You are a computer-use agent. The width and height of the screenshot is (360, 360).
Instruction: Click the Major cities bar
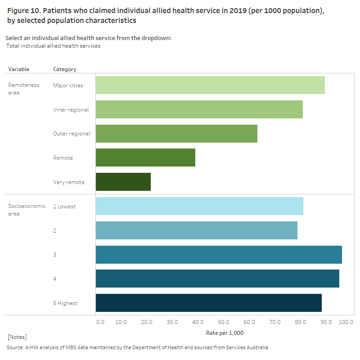[210, 85]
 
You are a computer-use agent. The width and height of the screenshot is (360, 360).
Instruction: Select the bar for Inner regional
[199, 109]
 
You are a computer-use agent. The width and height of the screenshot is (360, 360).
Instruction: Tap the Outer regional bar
[176, 134]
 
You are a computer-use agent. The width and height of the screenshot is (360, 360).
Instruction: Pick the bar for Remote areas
[145, 157]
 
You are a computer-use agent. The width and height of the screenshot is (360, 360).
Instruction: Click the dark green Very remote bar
[123, 182]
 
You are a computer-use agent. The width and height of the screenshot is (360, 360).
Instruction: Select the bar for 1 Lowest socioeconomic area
[199, 206]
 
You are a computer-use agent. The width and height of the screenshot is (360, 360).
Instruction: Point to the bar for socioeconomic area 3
[219, 255]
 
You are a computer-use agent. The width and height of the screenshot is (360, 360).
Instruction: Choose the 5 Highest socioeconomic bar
[208, 303]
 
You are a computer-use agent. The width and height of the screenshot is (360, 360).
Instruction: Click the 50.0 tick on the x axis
[224, 322]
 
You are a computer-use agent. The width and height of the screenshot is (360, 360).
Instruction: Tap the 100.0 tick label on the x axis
[346, 322]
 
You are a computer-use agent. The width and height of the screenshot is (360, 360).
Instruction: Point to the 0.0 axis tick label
[100, 322]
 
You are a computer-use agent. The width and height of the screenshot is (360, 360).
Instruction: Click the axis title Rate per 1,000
[225, 333]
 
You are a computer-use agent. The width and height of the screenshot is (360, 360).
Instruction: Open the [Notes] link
[17, 337]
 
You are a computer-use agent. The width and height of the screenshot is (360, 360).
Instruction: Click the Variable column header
[18, 69]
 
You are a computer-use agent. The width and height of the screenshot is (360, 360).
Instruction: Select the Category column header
[64, 69]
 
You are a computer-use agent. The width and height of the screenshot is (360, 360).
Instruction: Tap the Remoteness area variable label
[23, 89]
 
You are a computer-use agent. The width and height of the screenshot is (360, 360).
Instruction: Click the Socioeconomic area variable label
[27, 210]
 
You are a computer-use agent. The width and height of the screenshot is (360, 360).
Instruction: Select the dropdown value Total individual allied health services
[54, 46]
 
